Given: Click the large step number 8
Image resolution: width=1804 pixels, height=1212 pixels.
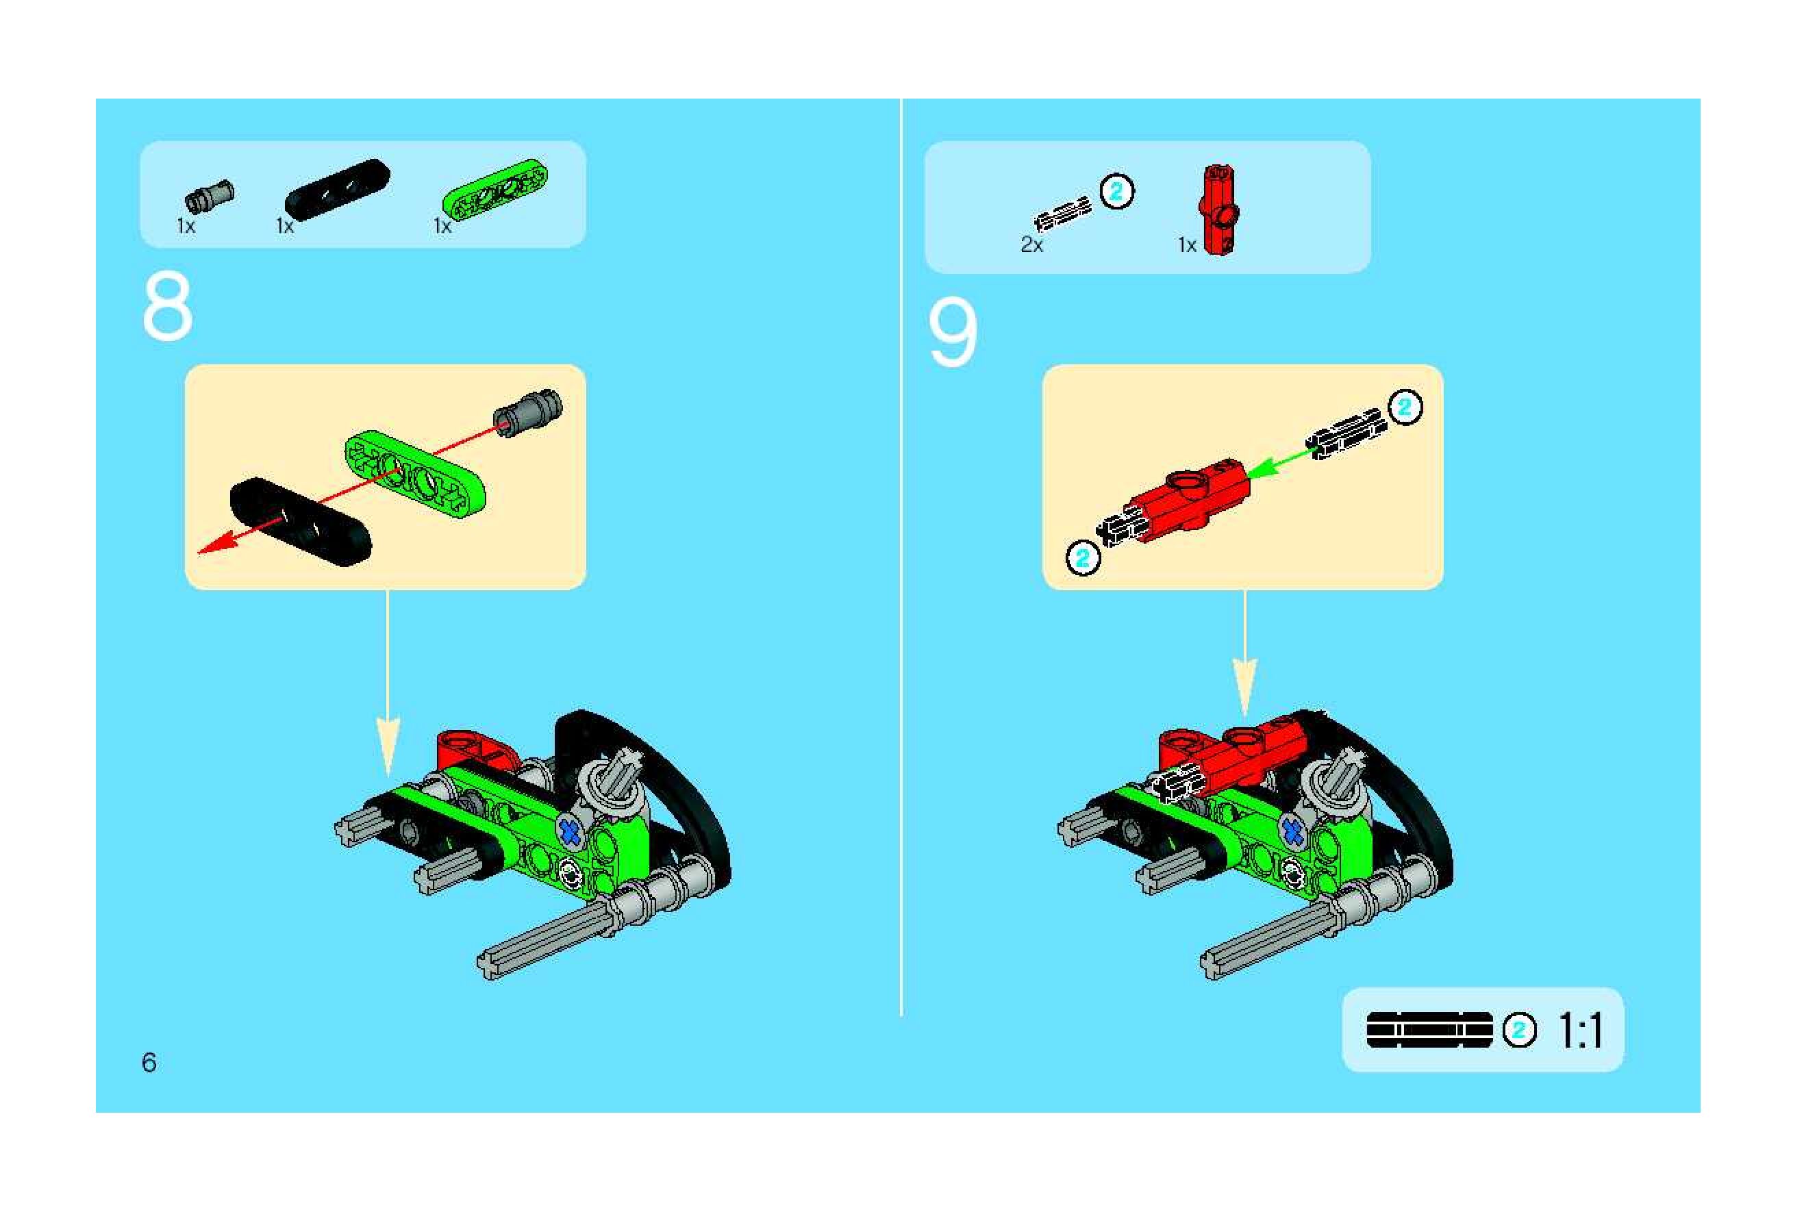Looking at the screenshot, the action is tap(168, 306).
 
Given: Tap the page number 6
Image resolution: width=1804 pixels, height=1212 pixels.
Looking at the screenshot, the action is tap(149, 1063).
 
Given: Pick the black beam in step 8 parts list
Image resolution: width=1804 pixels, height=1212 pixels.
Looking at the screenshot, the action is tap(337, 188).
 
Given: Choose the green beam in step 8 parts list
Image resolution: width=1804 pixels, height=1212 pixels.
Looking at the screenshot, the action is tap(494, 187).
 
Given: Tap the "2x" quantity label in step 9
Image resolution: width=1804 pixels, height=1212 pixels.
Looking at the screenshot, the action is tap(1032, 245).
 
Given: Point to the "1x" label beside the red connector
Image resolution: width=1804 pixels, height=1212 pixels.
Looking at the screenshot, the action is tap(1187, 245).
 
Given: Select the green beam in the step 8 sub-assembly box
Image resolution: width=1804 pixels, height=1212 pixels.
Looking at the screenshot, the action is tap(416, 473).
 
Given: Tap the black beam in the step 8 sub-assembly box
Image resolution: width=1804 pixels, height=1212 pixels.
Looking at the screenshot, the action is tap(301, 522).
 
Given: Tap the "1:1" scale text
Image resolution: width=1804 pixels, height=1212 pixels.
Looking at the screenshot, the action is tap(1581, 1031).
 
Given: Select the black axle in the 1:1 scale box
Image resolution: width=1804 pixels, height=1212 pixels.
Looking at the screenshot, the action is tap(1430, 1030).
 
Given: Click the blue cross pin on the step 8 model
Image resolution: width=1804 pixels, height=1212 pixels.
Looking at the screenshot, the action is tap(570, 832).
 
